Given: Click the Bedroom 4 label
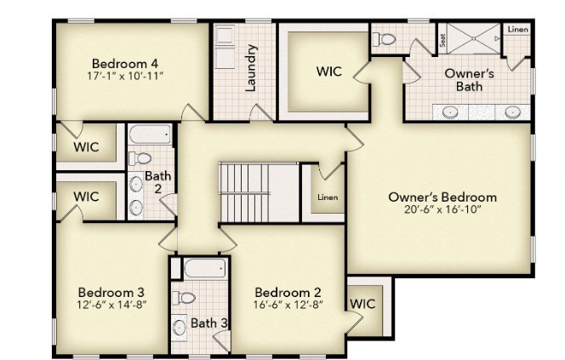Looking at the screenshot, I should point(125,62).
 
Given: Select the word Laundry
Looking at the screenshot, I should point(251,68).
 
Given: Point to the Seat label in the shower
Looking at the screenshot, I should point(443,39).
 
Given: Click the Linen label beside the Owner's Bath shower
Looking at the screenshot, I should point(517,30).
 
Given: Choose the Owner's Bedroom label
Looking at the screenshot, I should point(442,197).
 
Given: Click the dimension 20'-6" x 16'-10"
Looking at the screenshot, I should point(442,210).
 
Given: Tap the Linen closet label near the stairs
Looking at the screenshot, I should point(327,197).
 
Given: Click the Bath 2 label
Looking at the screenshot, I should point(157,182).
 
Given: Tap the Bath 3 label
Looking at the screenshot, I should point(208,323).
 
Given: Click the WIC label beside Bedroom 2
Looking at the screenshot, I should point(362,303).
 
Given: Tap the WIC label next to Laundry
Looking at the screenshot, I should point(329,71).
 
